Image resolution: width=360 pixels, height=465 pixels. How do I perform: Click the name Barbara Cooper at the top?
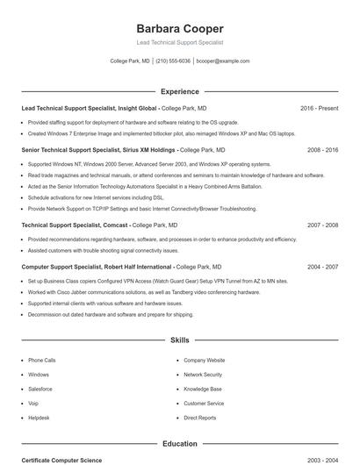180,28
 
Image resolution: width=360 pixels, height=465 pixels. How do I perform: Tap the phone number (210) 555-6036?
173,61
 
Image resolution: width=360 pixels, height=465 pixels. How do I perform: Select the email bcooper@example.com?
223,61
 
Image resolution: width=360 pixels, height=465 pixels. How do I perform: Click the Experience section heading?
180,91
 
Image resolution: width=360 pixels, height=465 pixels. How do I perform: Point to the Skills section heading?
180,340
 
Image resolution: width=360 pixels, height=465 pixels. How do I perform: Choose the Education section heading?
180,444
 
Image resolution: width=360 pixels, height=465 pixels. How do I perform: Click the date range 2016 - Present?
319,108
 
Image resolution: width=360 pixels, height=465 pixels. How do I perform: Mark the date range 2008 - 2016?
322,150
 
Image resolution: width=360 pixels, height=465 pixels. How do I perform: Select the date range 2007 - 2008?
322,225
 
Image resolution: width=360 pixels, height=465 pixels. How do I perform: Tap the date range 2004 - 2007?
322,266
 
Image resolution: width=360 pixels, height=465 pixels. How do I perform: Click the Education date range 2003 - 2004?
322,460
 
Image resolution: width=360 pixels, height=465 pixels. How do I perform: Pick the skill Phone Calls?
41,361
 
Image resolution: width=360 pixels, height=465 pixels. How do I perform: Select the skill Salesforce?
40,389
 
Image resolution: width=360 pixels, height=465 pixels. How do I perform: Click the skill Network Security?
202,375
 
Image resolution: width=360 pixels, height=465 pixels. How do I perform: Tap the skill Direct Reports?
200,418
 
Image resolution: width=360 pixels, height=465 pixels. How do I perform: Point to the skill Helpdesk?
40,418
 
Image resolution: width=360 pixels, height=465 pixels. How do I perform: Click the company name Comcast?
116,225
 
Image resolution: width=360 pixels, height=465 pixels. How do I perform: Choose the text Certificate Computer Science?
61,460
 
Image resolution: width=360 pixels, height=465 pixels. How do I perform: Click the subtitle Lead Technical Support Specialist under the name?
180,42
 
